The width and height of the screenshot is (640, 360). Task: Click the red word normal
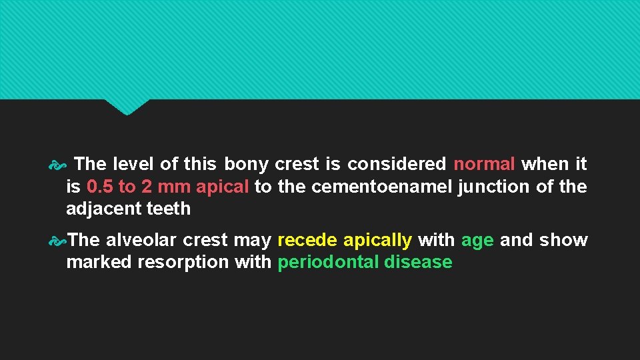[x=484, y=164]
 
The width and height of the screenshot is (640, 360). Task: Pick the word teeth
[x=168, y=209]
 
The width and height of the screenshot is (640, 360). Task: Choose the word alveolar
[x=142, y=240]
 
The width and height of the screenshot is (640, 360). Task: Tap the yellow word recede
[x=307, y=240]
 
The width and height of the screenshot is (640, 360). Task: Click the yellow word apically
[x=377, y=240]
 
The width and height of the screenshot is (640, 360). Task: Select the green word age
[x=477, y=240]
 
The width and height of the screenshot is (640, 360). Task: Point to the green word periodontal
[x=328, y=263]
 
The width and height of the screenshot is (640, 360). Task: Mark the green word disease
[x=418, y=263]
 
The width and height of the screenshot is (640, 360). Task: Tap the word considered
[x=397, y=164]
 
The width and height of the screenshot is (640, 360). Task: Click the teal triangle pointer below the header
[x=127, y=106]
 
